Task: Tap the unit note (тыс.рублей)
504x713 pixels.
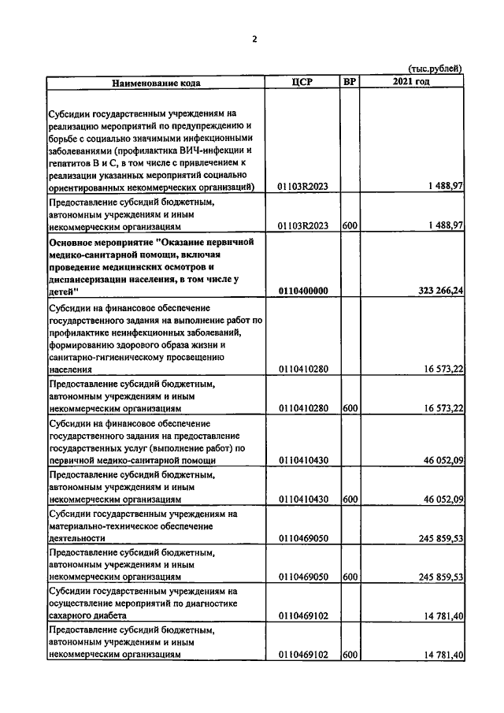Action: (x=435, y=69)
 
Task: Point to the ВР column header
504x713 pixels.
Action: (x=350, y=82)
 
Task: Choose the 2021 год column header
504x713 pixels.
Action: (x=411, y=82)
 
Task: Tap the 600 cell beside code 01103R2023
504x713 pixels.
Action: (x=350, y=225)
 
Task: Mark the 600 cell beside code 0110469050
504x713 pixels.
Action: (x=350, y=577)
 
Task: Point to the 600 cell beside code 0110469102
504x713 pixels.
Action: (x=350, y=654)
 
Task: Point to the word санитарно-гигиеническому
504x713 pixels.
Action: (x=109, y=357)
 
